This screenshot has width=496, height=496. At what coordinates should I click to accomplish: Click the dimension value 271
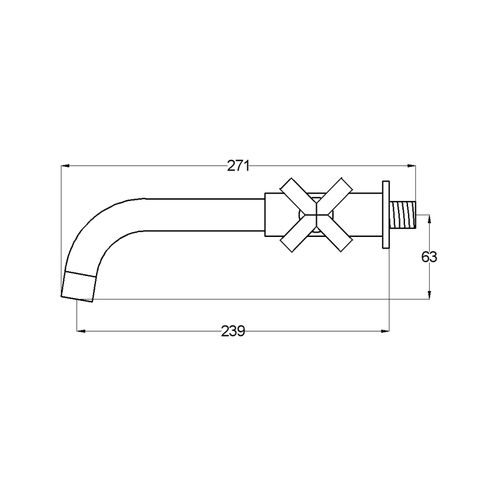[238, 166]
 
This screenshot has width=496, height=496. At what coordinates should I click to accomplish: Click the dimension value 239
[233, 331]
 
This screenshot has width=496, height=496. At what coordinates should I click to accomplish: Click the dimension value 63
[429, 257]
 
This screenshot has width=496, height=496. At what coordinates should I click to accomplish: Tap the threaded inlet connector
[404, 215]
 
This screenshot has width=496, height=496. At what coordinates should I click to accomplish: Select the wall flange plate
[386, 215]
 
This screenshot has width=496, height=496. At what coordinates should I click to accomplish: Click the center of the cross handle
[316, 215]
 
